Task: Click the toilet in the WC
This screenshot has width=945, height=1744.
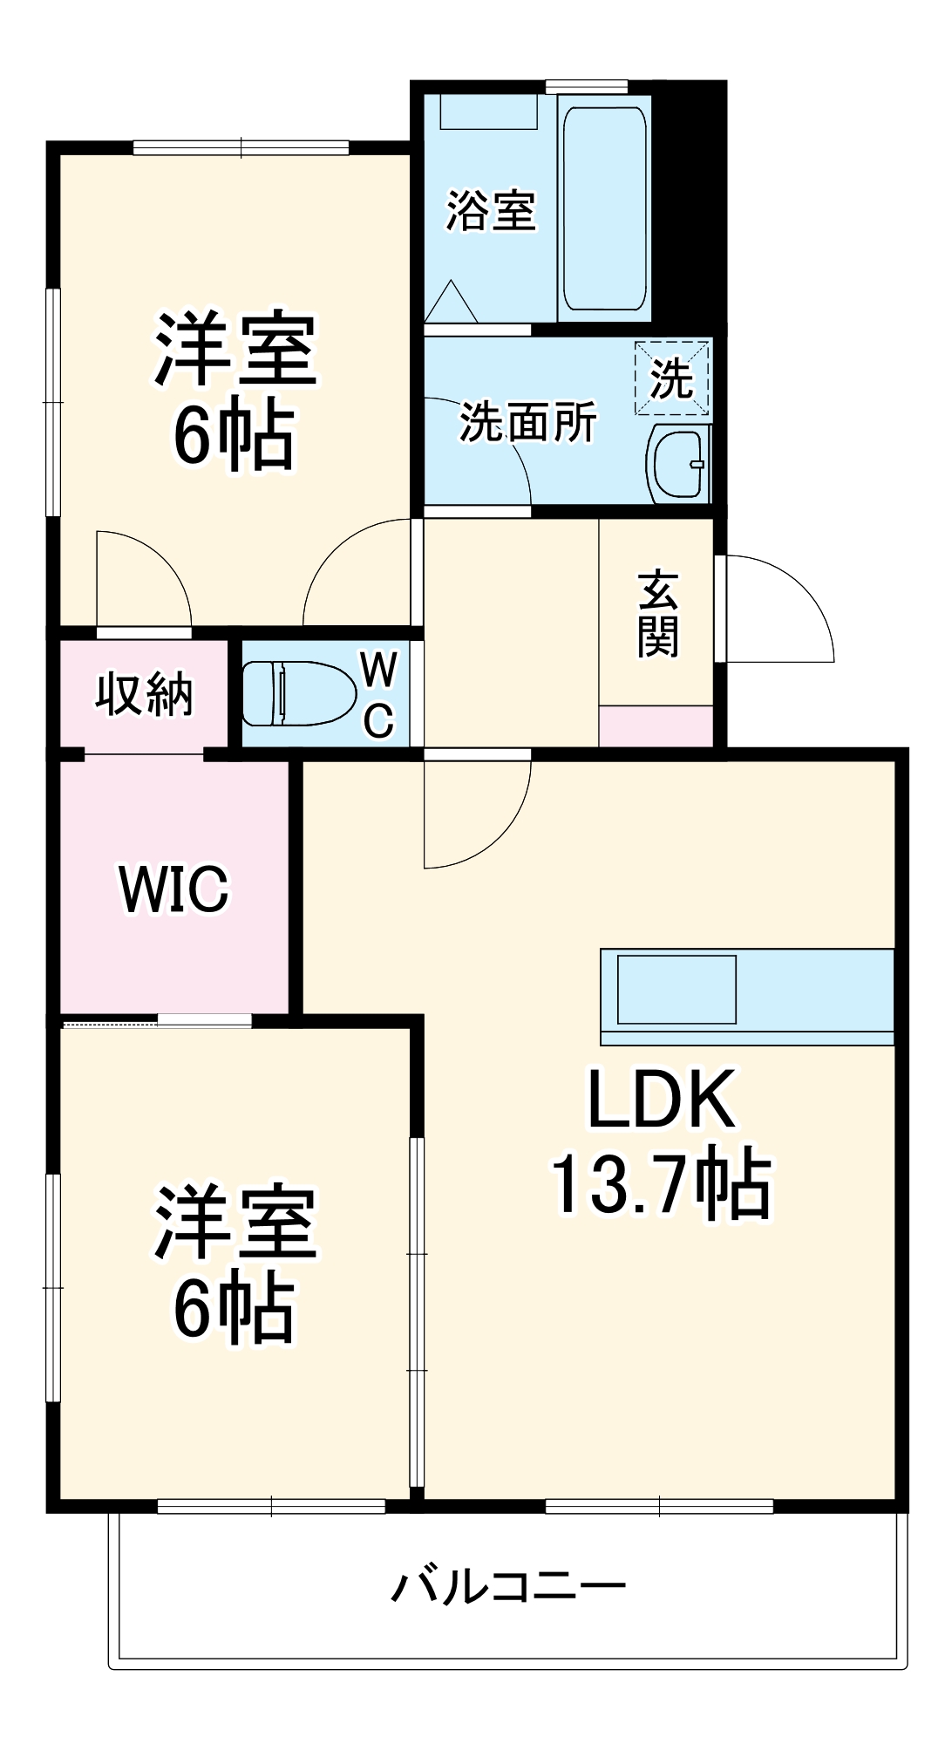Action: (298, 693)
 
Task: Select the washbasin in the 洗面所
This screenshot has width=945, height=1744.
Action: (678, 466)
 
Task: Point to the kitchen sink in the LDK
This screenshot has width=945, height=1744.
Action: (676, 989)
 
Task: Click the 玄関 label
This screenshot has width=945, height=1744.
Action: (657, 613)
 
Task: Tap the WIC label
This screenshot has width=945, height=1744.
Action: (173, 889)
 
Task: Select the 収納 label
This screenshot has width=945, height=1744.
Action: (144, 694)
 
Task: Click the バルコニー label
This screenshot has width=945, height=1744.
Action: (508, 1584)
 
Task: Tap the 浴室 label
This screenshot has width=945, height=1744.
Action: (491, 210)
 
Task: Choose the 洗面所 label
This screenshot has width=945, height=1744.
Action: (528, 422)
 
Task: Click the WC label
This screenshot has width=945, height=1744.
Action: (378, 695)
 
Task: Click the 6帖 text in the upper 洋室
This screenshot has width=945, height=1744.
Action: (234, 434)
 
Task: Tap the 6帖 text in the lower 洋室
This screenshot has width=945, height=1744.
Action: (234, 1307)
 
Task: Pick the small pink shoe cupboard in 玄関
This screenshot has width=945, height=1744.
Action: (656, 726)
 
